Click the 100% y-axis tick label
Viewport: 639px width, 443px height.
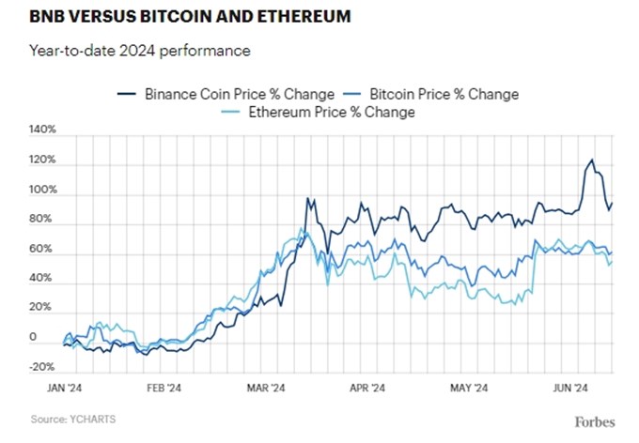point(43,191)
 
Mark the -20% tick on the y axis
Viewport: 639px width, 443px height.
point(43,367)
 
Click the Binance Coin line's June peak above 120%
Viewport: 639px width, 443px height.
point(591,160)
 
